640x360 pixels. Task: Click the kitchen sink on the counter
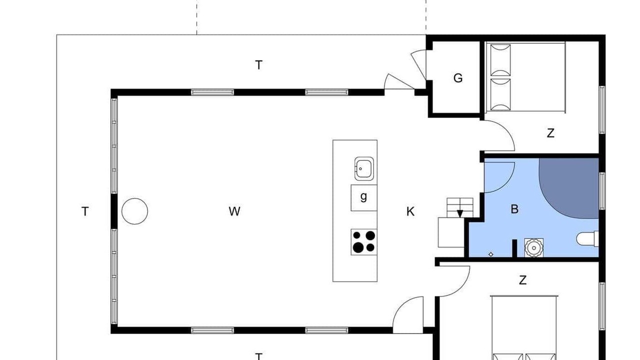[x=364, y=169]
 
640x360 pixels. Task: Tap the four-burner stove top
[x=364, y=241]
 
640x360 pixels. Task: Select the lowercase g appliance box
[x=364, y=197]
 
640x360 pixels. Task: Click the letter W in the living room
[x=234, y=211]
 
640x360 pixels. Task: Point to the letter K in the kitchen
[x=410, y=211]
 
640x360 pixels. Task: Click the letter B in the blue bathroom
[x=514, y=209]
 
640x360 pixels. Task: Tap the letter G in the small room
[x=458, y=78]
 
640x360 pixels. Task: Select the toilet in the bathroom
[x=587, y=239]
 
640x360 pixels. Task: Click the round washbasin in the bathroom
[x=533, y=247]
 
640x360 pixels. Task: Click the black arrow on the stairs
[x=460, y=213]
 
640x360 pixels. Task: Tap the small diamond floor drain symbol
[x=491, y=254]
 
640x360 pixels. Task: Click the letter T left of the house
[x=85, y=211]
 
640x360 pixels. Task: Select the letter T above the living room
[x=258, y=65]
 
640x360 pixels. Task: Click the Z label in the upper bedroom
[x=550, y=133]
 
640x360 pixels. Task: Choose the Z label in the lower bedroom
[x=522, y=280]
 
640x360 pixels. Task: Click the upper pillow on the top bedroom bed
[x=500, y=59]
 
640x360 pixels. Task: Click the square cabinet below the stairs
[x=451, y=232]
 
